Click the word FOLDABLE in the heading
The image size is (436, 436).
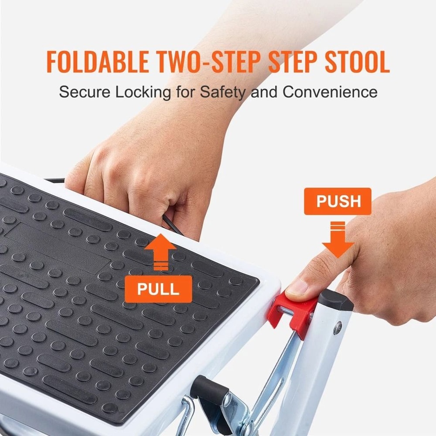click(x=97, y=62)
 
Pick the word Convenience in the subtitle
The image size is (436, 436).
click(x=330, y=92)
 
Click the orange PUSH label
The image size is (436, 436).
click(x=337, y=201)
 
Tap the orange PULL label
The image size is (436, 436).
click(x=158, y=289)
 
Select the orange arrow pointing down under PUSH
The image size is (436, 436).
click(x=338, y=242)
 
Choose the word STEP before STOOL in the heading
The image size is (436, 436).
click(x=289, y=62)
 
